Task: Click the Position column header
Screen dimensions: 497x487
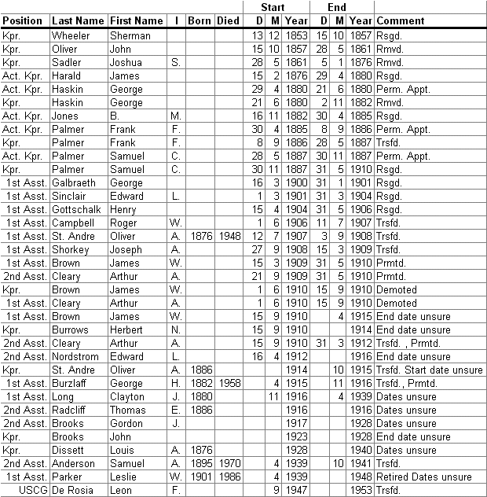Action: pyautogui.click(x=23, y=20)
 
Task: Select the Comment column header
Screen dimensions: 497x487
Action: pyautogui.click(x=401, y=20)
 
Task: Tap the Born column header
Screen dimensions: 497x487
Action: pyautogui.click(x=200, y=20)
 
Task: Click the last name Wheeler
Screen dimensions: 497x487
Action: pyautogui.click(x=71, y=35)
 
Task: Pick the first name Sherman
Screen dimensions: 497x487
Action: pyautogui.click(x=130, y=35)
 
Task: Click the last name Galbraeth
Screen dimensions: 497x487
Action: pyautogui.click(x=75, y=182)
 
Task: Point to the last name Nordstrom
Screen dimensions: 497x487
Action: pyautogui.click(x=76, y=355)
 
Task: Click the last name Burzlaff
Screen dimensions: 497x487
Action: pyautogui.click(x=72, y=382)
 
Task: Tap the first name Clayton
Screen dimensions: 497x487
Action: pyautogui.click(x=128, y=396)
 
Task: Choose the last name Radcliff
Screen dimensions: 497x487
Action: pyautogui.click(x=72, y=409)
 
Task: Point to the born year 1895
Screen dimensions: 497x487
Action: pyautogui.click(x=200, y=462)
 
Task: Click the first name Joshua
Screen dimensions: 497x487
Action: pyautogui.click(x=128, y=62)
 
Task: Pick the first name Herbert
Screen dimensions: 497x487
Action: pyautogui.click(x=128, y=329)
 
